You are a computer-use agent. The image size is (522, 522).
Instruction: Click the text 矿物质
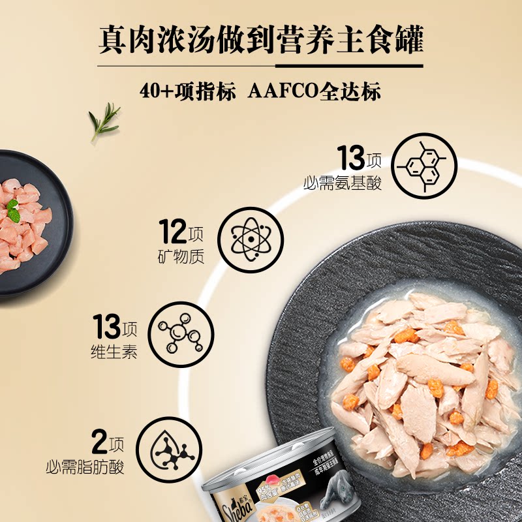[181, 256]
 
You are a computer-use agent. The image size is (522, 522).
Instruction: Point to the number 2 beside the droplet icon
[99, 444]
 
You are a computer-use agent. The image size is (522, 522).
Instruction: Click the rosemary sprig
[104, 121]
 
